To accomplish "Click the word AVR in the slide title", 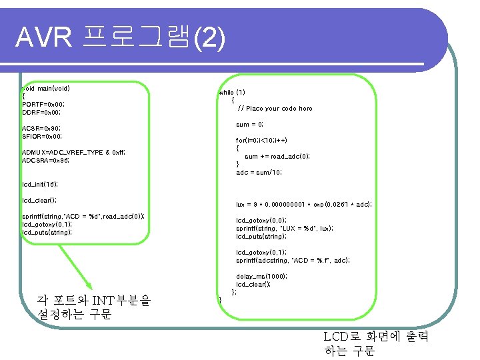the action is tap(44, 39).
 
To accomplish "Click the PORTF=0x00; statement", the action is tap(43, 105).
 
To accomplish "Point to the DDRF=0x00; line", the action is tap(42, 113).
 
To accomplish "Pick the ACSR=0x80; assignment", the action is tap(41, 128).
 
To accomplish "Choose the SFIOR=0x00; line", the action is tap(42, 136).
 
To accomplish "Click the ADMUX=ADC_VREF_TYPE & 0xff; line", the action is tap(73, 153).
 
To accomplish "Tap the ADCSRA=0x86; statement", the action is tap(45, 161).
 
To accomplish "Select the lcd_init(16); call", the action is tap(40, 184).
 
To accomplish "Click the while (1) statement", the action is tap(232, 93).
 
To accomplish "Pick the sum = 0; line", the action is tap(249, 125).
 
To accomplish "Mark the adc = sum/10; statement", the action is tap(259, 173).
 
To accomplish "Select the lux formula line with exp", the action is tap(303, 205).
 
